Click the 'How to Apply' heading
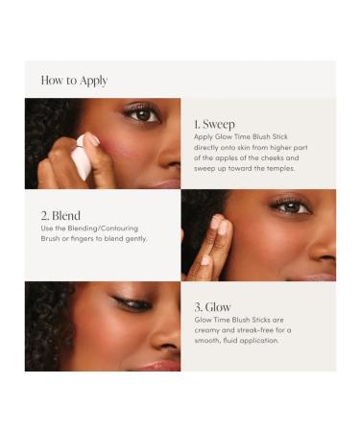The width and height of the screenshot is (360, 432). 74,81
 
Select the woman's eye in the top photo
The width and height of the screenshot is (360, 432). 141,114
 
